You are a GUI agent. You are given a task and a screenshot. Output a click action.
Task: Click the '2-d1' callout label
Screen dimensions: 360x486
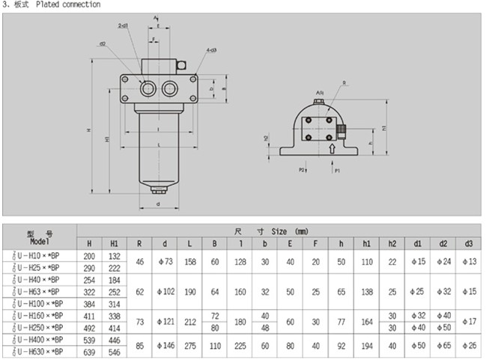pyautogui.click(x=122, y=25)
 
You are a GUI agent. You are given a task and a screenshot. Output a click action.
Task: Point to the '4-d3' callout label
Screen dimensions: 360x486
pyautogui.click(x=212, y=50)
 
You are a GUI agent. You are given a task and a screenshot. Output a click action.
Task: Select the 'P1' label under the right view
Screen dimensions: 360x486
pyautogui.click(x=337, y=171)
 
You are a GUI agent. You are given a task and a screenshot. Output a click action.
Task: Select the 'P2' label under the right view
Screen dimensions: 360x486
pyautogui.click(x=303, y=171)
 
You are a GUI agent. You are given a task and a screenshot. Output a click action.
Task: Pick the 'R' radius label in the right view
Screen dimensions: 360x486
pyautogui.click(x=344, y=83)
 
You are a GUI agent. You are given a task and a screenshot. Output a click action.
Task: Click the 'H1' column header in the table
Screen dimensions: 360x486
pyautogui.click(x=115, y=243)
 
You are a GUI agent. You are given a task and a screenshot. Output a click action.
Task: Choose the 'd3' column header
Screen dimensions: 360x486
pyautogui.click(x=469, y=243)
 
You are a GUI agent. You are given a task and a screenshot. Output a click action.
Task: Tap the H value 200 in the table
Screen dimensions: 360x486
pyautogui.click(x=90, y=256)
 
